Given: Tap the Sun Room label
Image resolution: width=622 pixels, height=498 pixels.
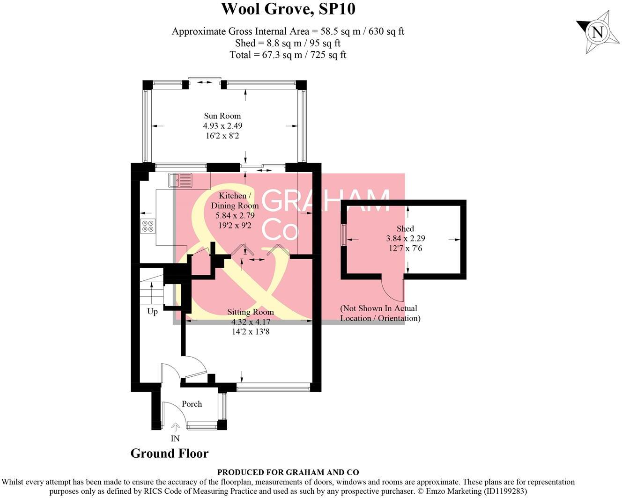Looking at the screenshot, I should click(222, 116).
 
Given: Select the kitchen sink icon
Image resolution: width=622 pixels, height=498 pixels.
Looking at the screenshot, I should click(180, 180).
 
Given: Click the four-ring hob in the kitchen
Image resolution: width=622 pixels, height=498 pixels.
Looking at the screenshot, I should click(148, 227).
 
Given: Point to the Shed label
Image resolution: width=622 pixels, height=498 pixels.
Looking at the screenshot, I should click(405, 228).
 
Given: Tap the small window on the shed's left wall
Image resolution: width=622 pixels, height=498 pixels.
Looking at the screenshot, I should click(344, 234).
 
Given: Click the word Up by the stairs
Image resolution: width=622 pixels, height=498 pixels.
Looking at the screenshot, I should click(152, 311).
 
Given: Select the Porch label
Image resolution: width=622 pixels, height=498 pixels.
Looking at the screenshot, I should click(192, 404).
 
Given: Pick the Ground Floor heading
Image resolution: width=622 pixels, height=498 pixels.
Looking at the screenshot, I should click(169, 453).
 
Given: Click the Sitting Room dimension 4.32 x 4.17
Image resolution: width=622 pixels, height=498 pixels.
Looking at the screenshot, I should click(251, 322).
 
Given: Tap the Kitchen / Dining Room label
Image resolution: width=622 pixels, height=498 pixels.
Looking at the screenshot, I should click(235, 200).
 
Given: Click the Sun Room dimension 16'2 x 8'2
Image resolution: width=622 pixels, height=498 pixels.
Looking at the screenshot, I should click(222, 136).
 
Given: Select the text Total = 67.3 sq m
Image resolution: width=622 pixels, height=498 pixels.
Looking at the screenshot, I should click(262, 55).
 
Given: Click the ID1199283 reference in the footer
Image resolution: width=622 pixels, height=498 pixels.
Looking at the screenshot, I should click(505, 491).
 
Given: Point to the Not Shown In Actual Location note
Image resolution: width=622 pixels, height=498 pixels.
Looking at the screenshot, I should click(379, 313).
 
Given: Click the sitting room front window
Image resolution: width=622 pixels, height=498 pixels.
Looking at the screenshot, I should click(273, 387).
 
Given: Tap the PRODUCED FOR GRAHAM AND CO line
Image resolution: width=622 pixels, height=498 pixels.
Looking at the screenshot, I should click(288, 472).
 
